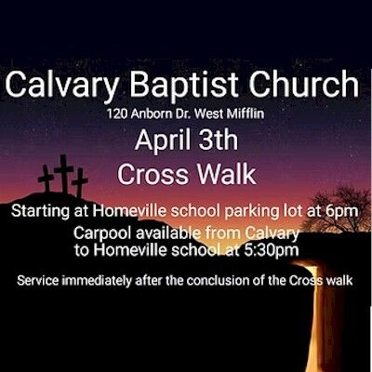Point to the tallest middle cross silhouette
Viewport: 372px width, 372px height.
64,173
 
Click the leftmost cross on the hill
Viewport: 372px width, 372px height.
46,179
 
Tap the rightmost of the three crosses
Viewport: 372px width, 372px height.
81,181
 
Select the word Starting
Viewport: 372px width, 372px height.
46,213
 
